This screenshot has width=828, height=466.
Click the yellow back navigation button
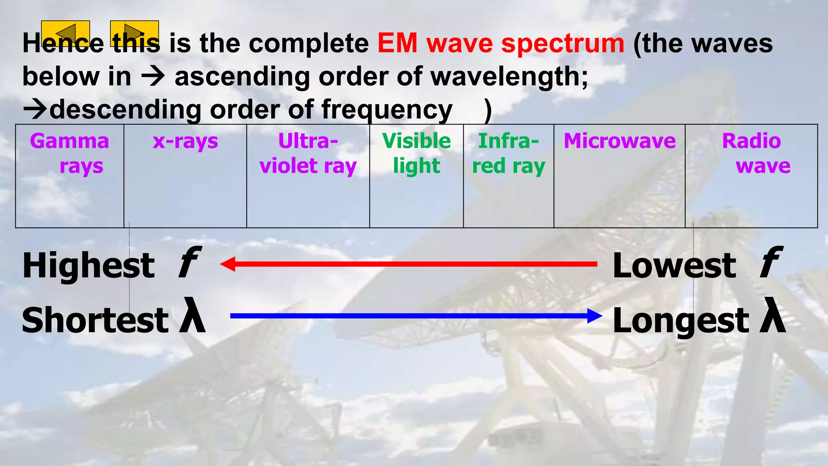coord(65,33)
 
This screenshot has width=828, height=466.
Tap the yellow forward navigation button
coord(134,33)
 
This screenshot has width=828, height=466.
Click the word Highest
coord(89,266)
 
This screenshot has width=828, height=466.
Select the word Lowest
coord(674,266)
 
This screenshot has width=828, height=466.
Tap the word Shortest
coord(95,320)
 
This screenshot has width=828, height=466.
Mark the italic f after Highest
coord(189,264)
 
